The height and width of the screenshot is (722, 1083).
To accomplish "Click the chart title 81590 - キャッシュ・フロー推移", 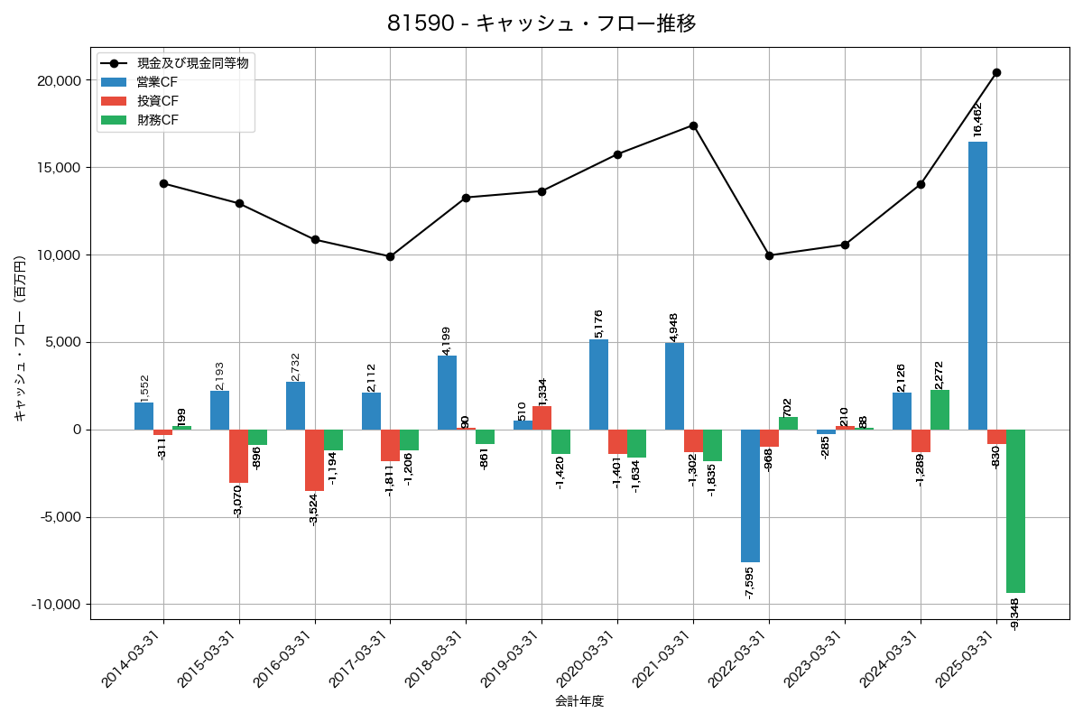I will [x=541, y=23].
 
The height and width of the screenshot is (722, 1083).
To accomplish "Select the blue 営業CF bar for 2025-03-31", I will [x=977, y=285].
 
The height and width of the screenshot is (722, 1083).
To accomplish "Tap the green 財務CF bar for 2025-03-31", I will [x=1015, y=511].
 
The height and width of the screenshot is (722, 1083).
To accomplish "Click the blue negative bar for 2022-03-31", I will [x=750, y=495].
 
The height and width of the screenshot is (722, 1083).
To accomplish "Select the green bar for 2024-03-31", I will [x=940, y=410].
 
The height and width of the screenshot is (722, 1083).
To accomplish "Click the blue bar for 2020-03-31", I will [x=598, y=384].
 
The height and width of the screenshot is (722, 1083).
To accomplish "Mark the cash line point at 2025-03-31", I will [x=996, y=72].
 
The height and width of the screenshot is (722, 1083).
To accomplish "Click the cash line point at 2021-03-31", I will [x=693, y=125].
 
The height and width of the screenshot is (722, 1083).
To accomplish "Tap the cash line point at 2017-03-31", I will [x=390, y=256].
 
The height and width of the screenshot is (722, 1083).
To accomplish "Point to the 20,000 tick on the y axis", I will [x=57, y=80].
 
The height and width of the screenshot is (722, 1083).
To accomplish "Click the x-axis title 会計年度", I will [x=579, y=701].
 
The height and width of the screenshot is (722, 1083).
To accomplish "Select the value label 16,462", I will [x=978, y=119].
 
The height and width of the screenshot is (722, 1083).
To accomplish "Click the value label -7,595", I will [x=750, y=583].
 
